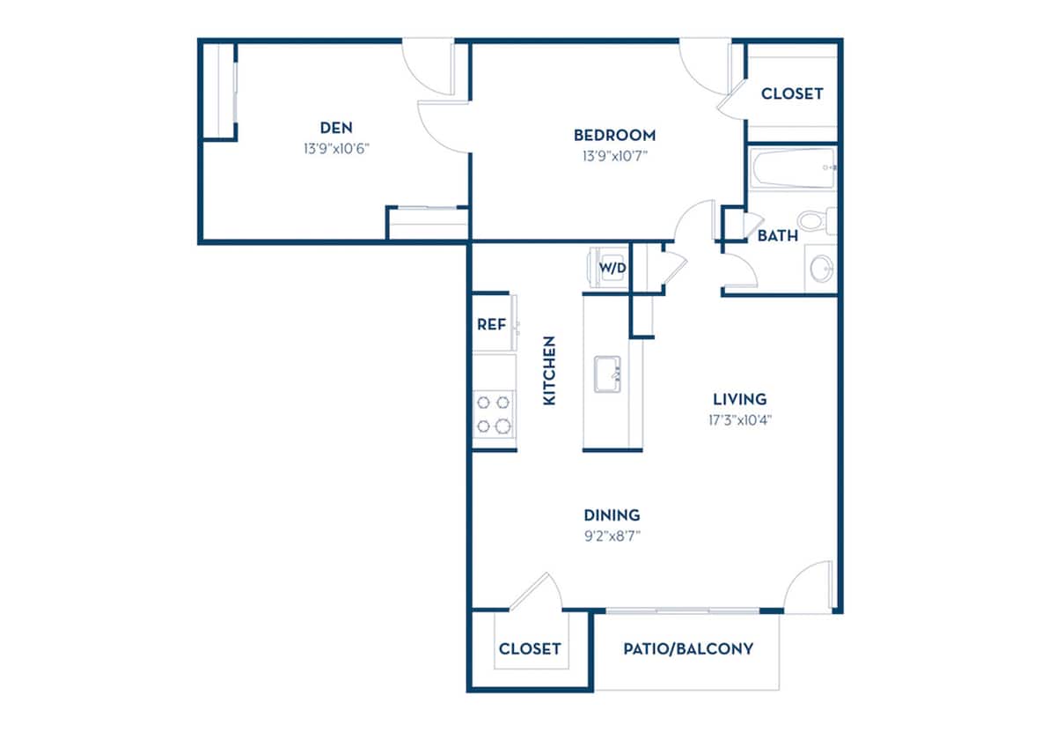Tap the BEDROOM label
(614, 135)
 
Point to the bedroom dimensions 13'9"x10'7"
(614, 157)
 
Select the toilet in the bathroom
(813, 218)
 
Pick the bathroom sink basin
(820, 268)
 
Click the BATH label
(778, 236)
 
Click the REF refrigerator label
(491, 324)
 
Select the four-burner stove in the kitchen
(493, 414)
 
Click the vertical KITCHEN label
(550, 370)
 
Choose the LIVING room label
(739, 399)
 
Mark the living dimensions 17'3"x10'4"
(739, 420)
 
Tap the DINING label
(612, 515)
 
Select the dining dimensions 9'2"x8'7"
(612, 536)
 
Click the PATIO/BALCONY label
(688, 649)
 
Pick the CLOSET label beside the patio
(530, 649)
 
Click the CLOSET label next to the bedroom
(792, 93)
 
